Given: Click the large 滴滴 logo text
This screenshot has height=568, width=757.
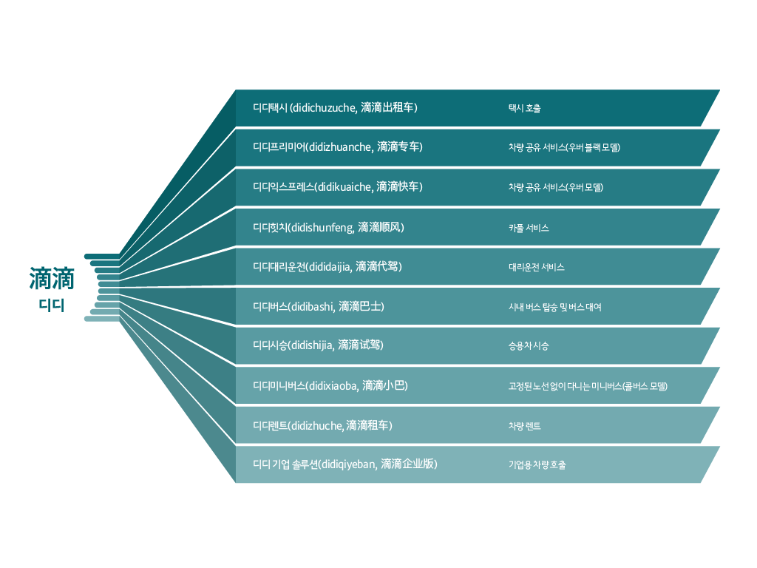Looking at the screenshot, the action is (x=52, y=279).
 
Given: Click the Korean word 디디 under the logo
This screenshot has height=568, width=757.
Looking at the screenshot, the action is (x=52, y=305).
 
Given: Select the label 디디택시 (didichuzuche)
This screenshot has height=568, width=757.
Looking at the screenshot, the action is (x=335, y=108).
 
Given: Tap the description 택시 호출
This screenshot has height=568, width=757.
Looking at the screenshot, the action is (x=524, y=109).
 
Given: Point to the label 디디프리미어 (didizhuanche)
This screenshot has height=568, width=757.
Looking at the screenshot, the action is (x=337, y=147).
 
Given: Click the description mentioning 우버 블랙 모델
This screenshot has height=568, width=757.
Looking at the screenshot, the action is (x=563, y=147).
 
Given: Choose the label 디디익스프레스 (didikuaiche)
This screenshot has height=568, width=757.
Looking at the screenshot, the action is (x=337, y=186).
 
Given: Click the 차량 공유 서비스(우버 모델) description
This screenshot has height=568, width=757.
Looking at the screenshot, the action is (x=555, y=187).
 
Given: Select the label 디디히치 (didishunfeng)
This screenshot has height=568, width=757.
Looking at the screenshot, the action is (x=328, y=227).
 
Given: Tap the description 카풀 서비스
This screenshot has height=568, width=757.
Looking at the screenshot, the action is (x=528, y=228).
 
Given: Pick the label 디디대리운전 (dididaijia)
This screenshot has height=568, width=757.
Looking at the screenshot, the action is (x=327, y=266).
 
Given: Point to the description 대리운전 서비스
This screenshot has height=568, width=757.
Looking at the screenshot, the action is (x=536, y=267).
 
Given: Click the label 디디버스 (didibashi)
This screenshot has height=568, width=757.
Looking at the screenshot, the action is (x=318, y=306).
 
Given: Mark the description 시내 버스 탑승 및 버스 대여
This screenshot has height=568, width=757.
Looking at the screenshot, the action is (x=554, y=307).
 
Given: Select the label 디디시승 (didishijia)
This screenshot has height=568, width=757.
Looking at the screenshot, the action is (x=318, y=345).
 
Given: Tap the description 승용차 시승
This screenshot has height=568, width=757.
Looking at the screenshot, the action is (x=528, y=346).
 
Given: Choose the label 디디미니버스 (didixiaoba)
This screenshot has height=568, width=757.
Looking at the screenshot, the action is (x=330, y=385).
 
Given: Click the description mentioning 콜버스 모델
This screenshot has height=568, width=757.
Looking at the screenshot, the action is (x=588, y=386).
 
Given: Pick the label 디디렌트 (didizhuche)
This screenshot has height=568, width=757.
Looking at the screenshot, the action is (x=322, y=425).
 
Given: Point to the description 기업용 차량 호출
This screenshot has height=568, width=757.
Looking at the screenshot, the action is (x=537, y=465).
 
